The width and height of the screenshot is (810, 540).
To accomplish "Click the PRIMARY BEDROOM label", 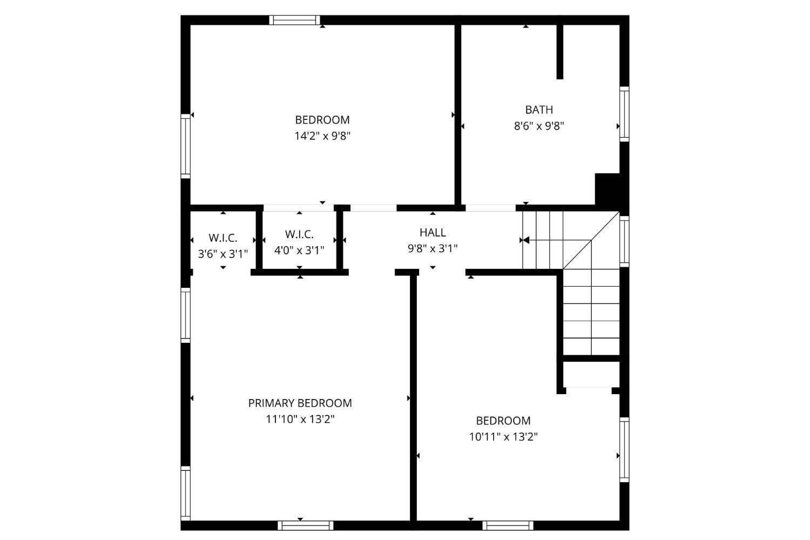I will (300, 403).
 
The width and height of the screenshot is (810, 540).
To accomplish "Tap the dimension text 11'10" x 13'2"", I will (300, 419).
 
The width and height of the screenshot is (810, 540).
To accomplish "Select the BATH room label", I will (539, 110).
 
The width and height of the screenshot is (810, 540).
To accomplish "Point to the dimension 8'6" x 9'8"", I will (539, 126).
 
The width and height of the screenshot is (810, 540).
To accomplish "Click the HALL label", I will (433, 232).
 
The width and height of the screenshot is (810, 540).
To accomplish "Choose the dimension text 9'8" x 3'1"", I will (433, 248).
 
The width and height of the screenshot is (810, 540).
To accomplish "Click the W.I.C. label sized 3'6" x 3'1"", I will (223, 238).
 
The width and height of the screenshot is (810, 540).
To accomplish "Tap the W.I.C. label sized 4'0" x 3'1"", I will (299, 234).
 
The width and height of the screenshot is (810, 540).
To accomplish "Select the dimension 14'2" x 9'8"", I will (322, 136).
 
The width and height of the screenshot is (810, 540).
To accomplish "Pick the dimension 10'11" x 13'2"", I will (503, 436).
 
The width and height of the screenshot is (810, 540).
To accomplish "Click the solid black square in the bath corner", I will (607, 189).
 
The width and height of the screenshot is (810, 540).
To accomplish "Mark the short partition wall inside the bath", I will (560, 52).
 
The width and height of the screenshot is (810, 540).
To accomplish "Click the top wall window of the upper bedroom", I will (295, 21).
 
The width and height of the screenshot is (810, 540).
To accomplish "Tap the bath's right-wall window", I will (624, 114).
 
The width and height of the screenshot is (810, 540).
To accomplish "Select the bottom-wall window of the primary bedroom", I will (305, 525).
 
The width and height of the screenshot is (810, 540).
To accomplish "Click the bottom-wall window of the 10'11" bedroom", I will (508, 525).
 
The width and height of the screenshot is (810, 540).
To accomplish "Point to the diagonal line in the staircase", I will (591, 240).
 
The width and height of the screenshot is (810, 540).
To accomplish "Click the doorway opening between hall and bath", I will (490, 208).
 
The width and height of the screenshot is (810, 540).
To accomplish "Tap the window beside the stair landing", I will (624, 241).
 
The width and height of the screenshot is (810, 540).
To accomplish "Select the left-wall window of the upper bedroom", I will (186, 146).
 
